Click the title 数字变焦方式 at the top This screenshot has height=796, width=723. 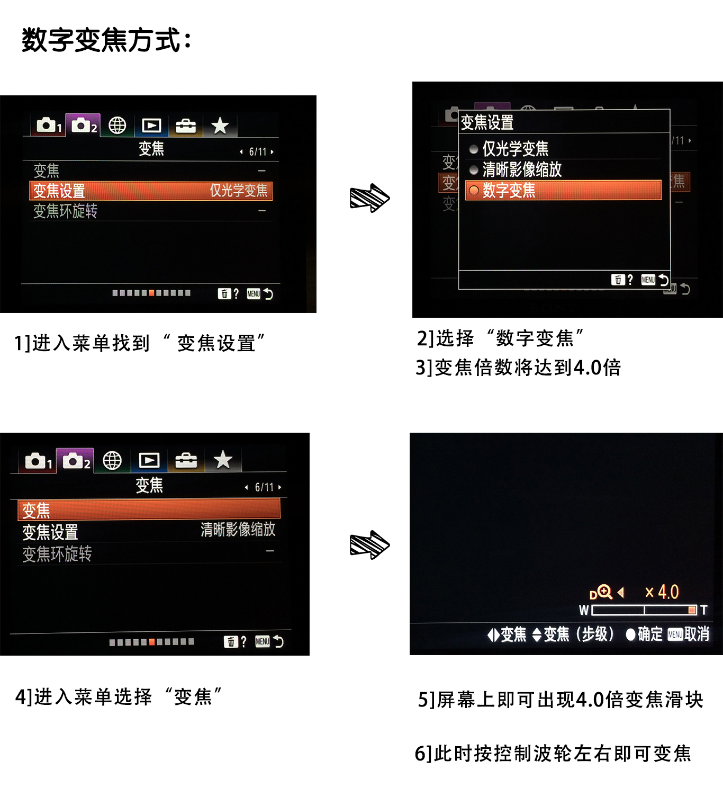pyautogui.click(x=106, y=40)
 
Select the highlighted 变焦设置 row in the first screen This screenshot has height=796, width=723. pyautogui.click(x=150, y=191)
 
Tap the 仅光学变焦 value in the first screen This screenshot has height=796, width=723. pyautogui.click(x=238, y=190)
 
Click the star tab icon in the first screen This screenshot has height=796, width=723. pyautogui.click(x=220, y=126)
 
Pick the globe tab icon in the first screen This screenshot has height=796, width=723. pyautogui.click(x=117, y=126)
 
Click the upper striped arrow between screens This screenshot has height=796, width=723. pyautogui.click(x=369, y=198)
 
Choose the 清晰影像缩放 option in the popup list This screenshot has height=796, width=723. pyautogui.click(x=521, y=169)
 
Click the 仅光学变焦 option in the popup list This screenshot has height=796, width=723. pyautogui.click(x=514, y=149)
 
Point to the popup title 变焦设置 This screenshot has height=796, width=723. pyautogui.click(x=487, y=122)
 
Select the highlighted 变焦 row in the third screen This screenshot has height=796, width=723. pyautogui.click(x=149, y=509)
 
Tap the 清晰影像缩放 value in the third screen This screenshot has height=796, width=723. pyautogui.click(x=238, y=529)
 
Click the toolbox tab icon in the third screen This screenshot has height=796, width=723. pyautogui.click(x=186, y=460)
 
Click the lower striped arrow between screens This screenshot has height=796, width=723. pyautogui.click(x=369, y=544)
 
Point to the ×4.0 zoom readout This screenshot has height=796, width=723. pyautogui.click(x=662, y=592)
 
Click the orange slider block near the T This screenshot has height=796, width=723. pyautogui.click(x=692, y=610)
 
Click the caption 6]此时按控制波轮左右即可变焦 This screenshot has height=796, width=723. pyautogui.click(x=553, y=753)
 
